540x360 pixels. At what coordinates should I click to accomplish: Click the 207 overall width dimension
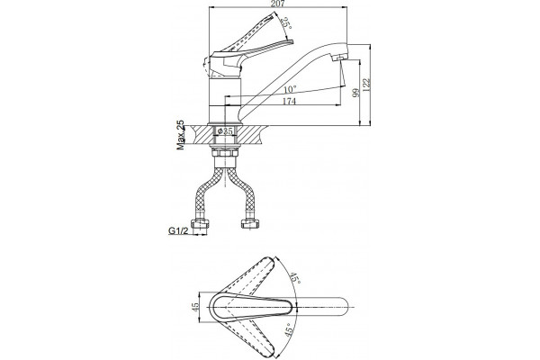[278, 4]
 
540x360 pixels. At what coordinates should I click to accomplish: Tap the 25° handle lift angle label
[286, 23]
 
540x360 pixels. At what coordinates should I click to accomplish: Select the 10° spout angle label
[290, 90]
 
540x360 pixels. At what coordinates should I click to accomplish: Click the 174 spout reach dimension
[289, 102]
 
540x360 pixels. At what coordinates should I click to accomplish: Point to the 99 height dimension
[355, 92]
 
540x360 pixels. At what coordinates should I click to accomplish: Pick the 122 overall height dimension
[366, 85]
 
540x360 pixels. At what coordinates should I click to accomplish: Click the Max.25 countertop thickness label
[181, 135]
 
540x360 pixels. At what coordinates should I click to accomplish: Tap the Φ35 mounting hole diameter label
[225, 130]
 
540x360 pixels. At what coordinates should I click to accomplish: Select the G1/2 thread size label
[178, 230]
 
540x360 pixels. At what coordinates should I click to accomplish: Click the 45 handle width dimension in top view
[195, 307]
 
